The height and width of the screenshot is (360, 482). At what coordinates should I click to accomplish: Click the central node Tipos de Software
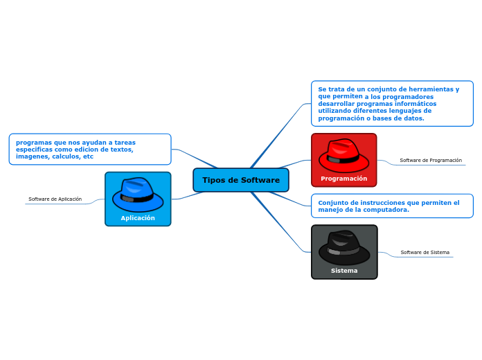[241, 180]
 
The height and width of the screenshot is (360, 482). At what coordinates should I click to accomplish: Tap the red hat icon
[343, 155]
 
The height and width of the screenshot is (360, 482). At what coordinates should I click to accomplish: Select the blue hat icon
[137, 195]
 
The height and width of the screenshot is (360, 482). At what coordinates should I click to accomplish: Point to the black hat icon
[344, 247]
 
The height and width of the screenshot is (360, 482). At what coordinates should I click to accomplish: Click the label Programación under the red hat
[343, 179]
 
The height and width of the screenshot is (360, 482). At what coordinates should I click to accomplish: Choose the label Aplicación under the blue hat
[138, 218]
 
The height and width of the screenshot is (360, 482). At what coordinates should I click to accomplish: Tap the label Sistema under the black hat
[344, 271]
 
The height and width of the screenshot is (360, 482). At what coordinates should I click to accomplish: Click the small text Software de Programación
[431, 161]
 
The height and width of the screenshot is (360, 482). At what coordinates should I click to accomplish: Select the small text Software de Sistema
[425, 253]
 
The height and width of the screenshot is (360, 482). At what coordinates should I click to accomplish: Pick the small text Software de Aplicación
[55, 199]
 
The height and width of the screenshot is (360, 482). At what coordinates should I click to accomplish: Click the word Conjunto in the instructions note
[332, 203]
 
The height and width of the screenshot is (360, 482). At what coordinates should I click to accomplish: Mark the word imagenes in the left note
[30, 156]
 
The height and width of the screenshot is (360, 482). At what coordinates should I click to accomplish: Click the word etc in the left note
[88, 156]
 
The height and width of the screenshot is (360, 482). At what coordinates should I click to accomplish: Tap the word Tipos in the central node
[213, 180]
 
